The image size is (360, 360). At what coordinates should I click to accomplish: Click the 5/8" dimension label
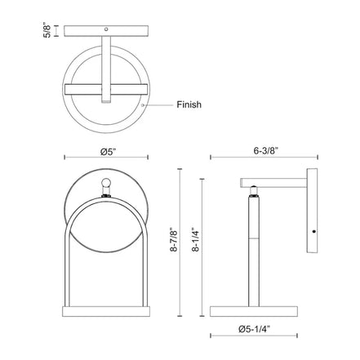pos(47,31)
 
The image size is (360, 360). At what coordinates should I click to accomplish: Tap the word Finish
pos(189,104)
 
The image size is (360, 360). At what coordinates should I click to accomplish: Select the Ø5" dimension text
pos(109,151)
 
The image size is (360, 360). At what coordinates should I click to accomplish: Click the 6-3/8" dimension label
pos(266,151)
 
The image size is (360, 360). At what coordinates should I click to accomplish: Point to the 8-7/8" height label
pos(174,243)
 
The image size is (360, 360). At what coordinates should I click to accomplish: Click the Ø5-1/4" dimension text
pos(255,329)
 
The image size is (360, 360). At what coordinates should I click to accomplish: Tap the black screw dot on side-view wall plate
pos(314,232)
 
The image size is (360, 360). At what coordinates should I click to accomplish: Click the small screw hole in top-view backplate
pos(106,29)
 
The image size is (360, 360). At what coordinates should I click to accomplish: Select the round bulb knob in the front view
pos(106,182)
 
